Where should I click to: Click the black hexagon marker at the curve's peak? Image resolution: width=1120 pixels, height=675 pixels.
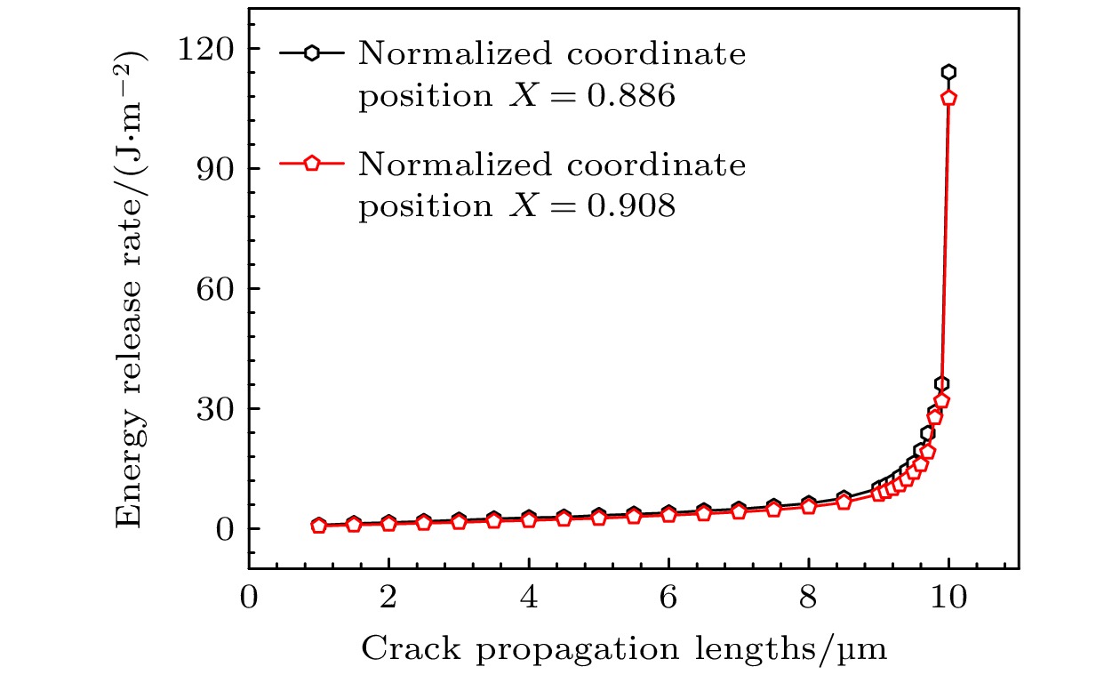[948, 72]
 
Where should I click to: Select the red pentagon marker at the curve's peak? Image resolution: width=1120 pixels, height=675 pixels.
[948, 98]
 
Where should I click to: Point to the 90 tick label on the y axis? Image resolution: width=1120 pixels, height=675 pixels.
[216, 168]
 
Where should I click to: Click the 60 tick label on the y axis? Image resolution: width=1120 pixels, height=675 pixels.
[216, 288]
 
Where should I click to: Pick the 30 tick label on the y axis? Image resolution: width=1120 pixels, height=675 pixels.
[216, 408]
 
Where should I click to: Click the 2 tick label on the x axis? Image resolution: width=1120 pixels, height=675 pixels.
[388, 596]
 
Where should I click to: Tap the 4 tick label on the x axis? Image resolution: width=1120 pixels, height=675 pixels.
[529, 596]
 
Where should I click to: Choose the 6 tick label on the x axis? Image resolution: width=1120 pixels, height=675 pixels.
[668, 596]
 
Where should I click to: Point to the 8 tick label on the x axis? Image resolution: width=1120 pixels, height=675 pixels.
[809, 596]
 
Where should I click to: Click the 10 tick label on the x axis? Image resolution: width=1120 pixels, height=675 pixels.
[948, 596]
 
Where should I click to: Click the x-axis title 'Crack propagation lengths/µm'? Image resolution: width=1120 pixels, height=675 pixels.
[623, 649]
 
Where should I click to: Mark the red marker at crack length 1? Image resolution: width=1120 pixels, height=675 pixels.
[318, 526]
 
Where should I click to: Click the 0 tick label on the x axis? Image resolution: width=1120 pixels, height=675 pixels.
[249, 596]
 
